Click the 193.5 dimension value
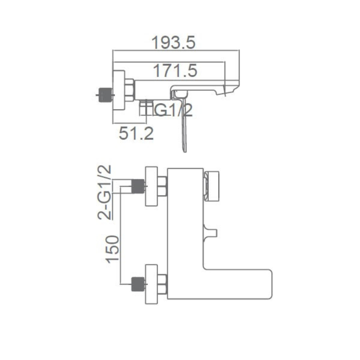click(174, 42)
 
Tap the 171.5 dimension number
click(175, 71)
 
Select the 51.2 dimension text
click(136, 134)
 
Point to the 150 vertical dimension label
click(112, 249)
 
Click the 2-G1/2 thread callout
click(104, 192)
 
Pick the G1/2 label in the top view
click(173, 110)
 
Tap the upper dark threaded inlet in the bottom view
click(138, 186)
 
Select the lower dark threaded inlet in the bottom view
click(138, 284)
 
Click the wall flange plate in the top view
click(119, 91)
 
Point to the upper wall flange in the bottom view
click(152, 186)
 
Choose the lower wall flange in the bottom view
click(152, 284)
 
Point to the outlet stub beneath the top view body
click(146, 107)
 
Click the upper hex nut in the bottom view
click(163, 186)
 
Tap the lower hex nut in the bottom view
click(163, 284)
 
